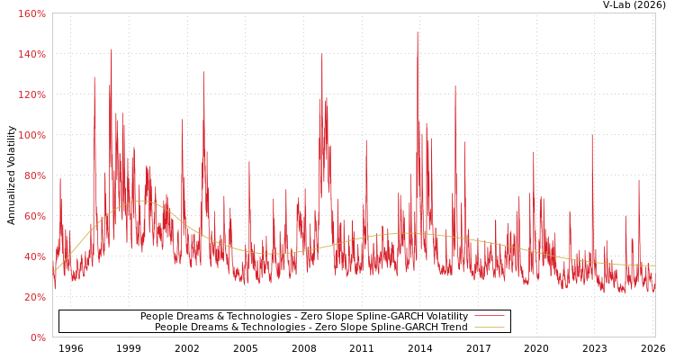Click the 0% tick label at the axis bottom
coord(38,337)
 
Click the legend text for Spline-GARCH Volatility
coord(304,317)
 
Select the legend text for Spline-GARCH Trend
coord(311,328)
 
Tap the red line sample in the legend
coord(489,317)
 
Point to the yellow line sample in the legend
coord(489,328)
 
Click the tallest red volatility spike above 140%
coord(418,33)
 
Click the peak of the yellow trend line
coord(141,201)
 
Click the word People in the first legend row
coord(157,317)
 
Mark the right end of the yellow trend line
coord(654,265)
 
